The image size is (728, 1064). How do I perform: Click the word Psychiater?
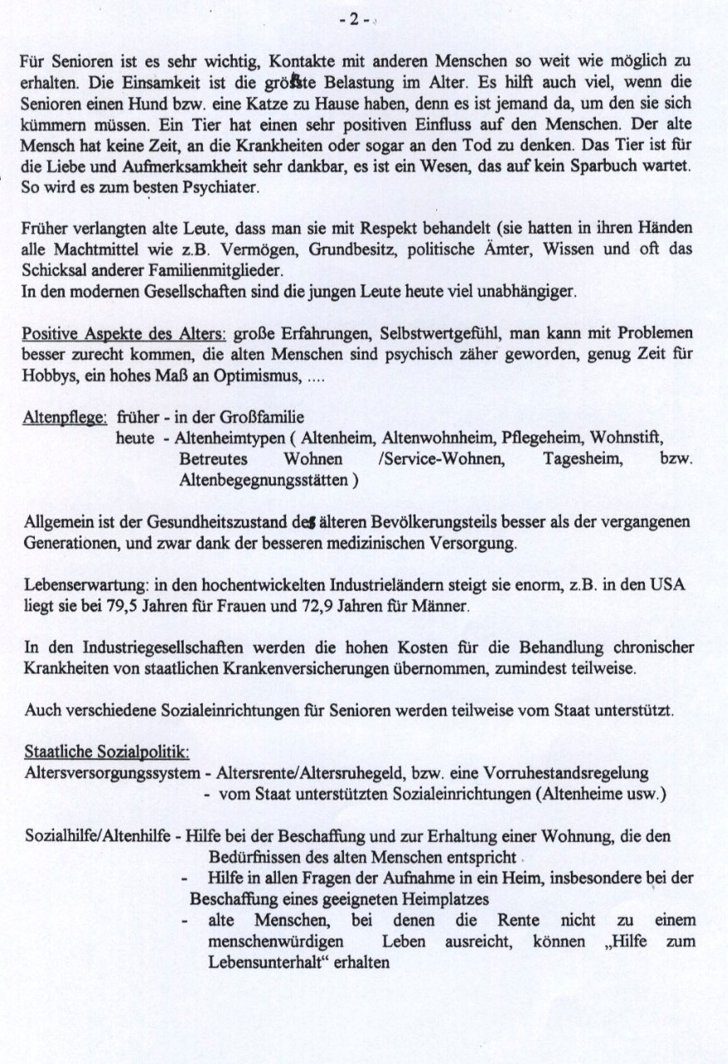click(223, 188)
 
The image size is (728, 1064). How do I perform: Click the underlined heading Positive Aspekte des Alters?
click(122, 334)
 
